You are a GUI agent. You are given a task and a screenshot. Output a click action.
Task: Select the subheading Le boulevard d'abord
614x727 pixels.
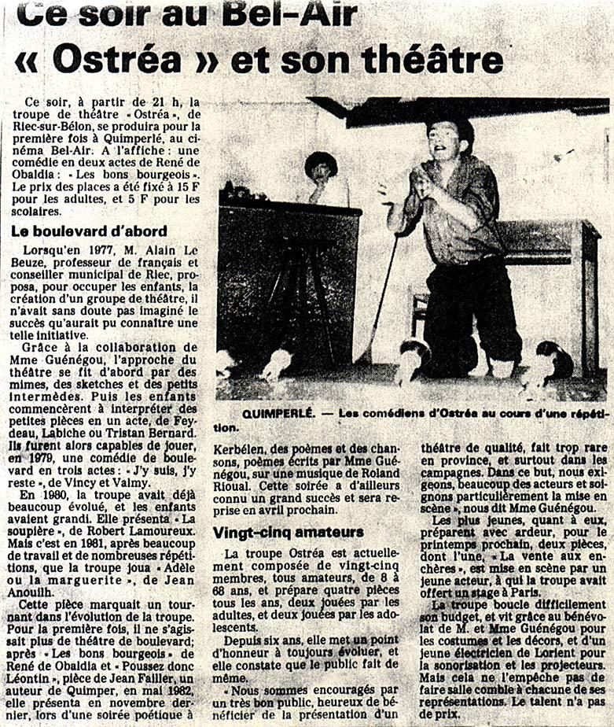pos(88,231)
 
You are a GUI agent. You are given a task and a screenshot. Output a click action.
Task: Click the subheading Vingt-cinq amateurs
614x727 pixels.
pos(288,532)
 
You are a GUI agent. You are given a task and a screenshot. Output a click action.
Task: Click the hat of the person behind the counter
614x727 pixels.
pos(321,161)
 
